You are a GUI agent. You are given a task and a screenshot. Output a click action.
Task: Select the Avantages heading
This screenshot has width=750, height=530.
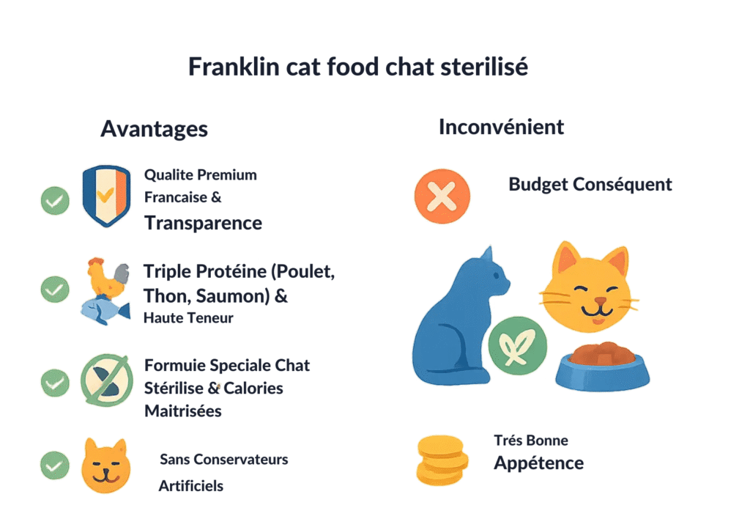click(154, 129)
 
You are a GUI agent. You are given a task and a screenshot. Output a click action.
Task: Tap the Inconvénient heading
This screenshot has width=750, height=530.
click(501, 127)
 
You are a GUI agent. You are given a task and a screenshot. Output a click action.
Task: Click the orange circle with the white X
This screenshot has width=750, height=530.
click(442, 196)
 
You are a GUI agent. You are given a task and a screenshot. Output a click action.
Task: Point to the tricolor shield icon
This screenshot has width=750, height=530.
click(106, 196)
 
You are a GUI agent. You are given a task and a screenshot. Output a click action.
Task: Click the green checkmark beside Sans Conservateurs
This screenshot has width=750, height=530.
click(55, 465)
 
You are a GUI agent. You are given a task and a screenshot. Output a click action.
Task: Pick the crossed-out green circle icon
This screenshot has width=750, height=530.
click(105, 381)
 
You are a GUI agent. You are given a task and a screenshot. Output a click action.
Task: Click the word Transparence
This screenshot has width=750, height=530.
click(203, 223)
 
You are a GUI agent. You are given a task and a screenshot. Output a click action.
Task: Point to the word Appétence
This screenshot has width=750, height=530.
click(538, 463)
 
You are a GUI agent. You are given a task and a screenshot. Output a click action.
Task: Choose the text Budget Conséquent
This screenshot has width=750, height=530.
click(590, 184)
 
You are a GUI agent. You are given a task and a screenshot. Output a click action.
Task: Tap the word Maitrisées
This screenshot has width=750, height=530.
click(182, 411)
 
